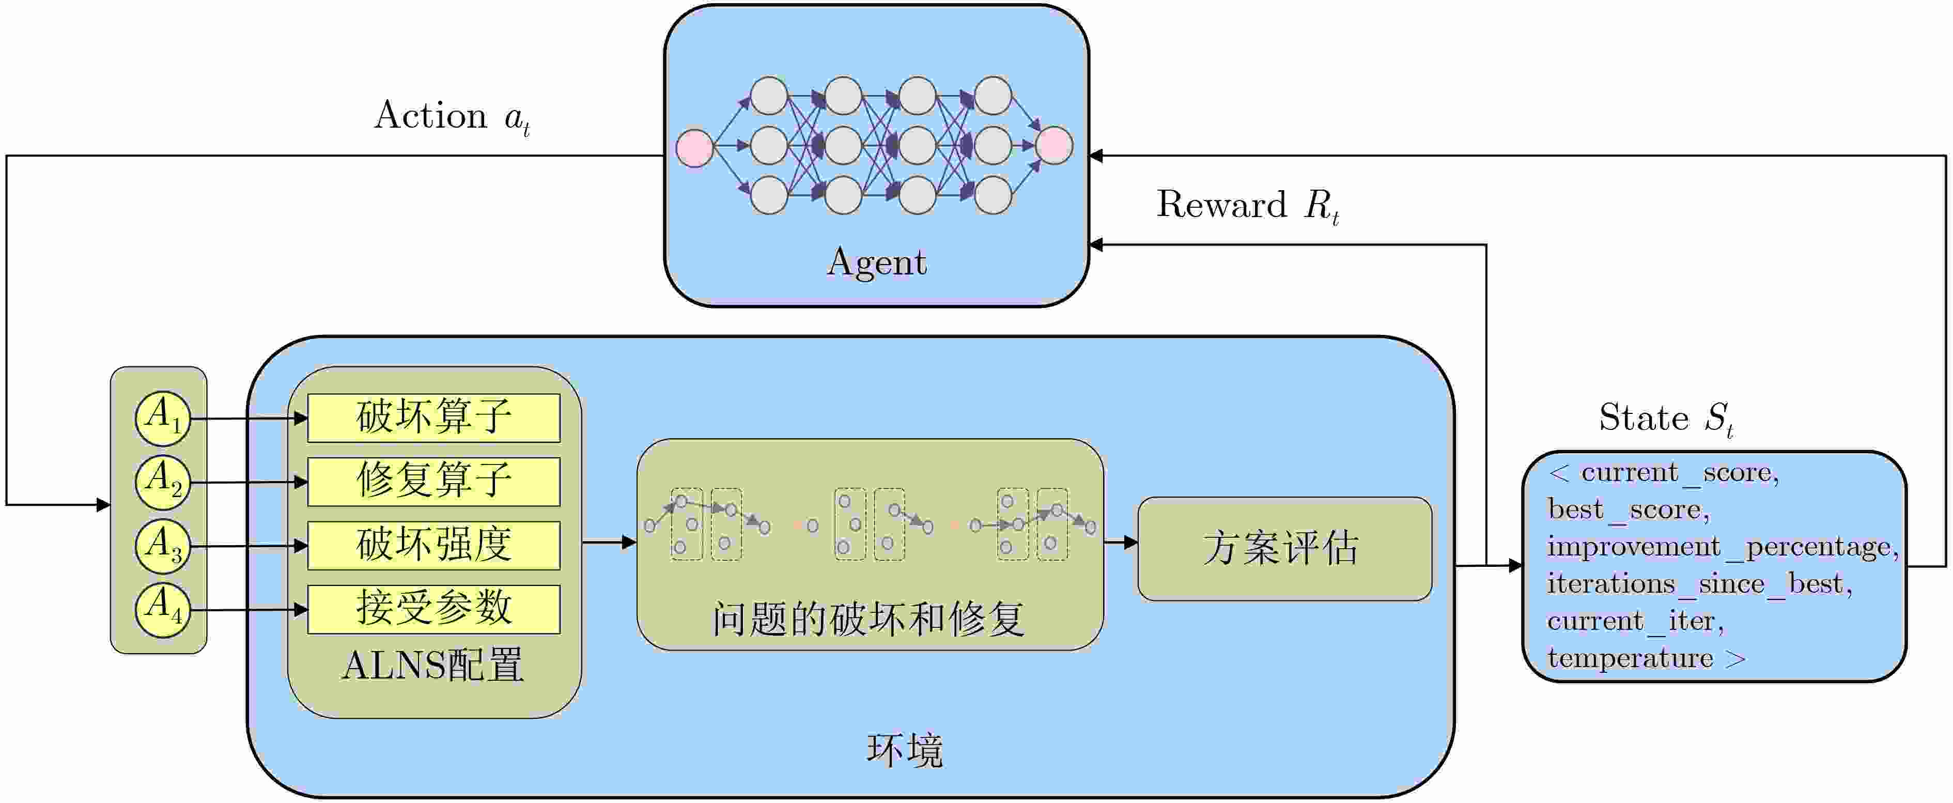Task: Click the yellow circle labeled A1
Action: click(x=162, y=418)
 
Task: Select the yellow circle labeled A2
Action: click(x=162, y=482)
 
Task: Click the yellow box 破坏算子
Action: click(x=433, y=418)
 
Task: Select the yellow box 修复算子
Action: click(x=433, y=482)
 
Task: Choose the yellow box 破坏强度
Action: click(x=433, y=545)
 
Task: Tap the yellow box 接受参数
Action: click(x=433, y=609)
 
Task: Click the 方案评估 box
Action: click(x=1284, y=548)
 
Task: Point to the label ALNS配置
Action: click(x=433, y=666)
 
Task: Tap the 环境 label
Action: click(x=905, y=751)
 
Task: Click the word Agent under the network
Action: click(x=876, y=263)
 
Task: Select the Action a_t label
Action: click(x=452, y=117)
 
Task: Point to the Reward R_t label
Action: click(x=1247, y=206)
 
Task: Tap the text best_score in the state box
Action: click(x=1628, y=509)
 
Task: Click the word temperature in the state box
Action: click(x=1630, y=658)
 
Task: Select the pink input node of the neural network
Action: click(x=694, y=147)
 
